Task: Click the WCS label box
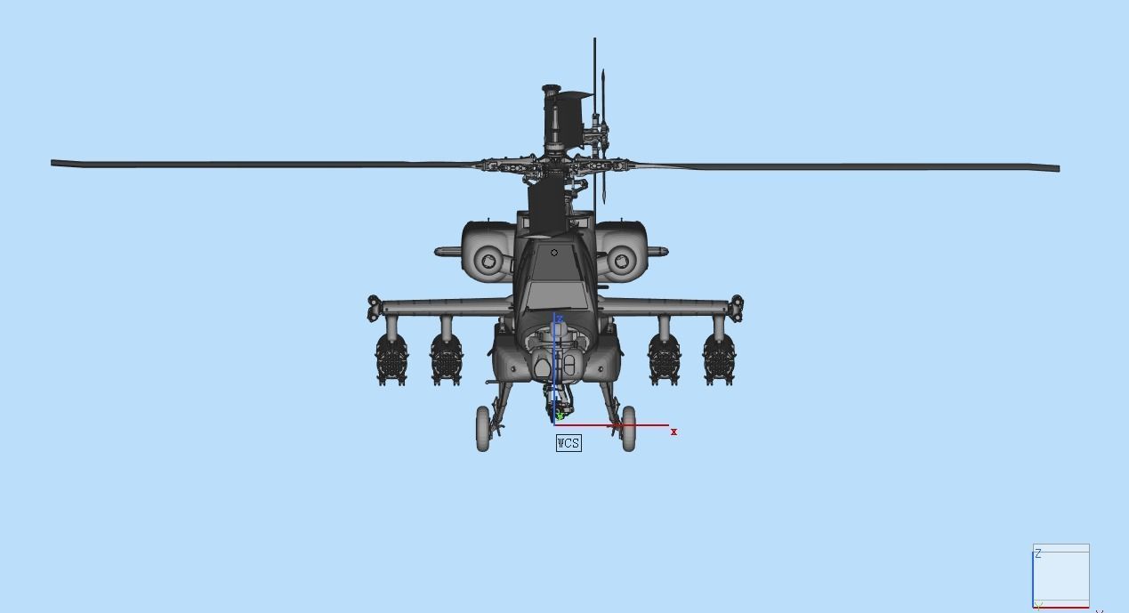pos(569,442)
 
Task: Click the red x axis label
pos(674,432)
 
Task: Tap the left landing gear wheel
pos(483,429)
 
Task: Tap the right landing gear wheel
pos(629,429)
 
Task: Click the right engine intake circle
pos(622,262)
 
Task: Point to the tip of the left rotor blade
pos(54,163)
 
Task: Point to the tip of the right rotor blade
pos(1057,167)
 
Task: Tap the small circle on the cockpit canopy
pos(554,253)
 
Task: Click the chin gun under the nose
pos(560,405)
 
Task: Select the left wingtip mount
pos(374,308)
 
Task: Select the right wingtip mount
pos(737,308)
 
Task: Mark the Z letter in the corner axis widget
pos(1038,553)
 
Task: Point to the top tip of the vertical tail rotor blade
pos(595,40)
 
